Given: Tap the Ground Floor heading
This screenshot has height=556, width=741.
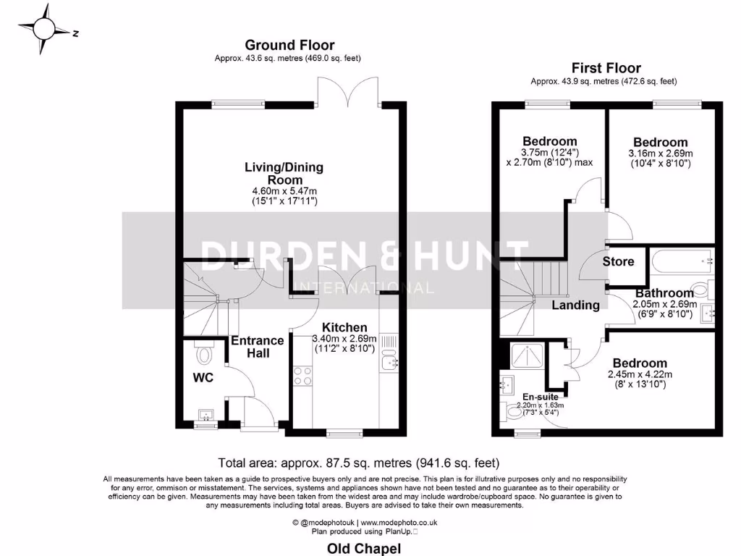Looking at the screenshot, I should click(289, 45).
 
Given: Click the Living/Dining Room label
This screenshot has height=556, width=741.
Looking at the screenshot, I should click(284, 173).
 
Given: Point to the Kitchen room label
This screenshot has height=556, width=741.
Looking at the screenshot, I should click(344, 327).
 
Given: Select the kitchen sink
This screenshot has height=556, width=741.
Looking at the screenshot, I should click(389, 362).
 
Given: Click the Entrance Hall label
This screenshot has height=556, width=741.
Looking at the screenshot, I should click(258, 347).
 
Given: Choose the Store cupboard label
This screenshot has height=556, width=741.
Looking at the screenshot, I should click(618, 261).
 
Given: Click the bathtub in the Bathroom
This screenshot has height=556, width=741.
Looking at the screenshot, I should click(680, 261).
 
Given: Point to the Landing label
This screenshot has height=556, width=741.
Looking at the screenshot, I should click(575, 305).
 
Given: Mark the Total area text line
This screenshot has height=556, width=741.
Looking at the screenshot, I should click(359, 462).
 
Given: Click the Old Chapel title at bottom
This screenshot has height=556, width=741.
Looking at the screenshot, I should click(364, 549).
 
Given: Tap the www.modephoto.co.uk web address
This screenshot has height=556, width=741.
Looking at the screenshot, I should click(409, 522).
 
